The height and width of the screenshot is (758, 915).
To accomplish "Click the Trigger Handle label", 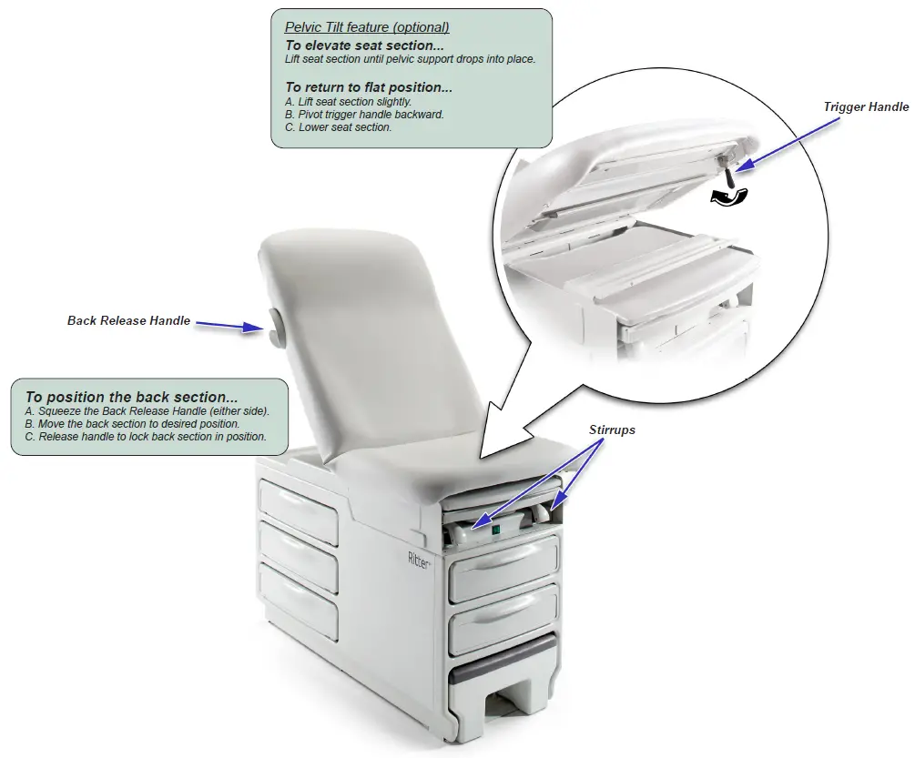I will coord(865,107).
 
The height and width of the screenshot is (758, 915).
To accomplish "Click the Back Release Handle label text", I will coord(128,320).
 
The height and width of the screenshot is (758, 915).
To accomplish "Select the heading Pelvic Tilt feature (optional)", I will coord(367,27).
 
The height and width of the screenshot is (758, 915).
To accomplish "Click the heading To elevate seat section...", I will coord(364,45).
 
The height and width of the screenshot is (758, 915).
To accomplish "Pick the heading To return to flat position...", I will coord(369,87).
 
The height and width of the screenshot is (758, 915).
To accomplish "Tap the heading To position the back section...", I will coord(131,397).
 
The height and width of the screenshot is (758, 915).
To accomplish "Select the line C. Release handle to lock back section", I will coord(146,437).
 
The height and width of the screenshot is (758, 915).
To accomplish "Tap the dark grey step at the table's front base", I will coord(503,656).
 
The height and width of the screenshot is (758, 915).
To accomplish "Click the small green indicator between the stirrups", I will coord(496,531).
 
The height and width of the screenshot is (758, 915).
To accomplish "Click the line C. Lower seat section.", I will coord(338,127).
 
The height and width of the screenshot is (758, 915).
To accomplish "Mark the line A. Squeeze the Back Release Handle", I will coord(147,411).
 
